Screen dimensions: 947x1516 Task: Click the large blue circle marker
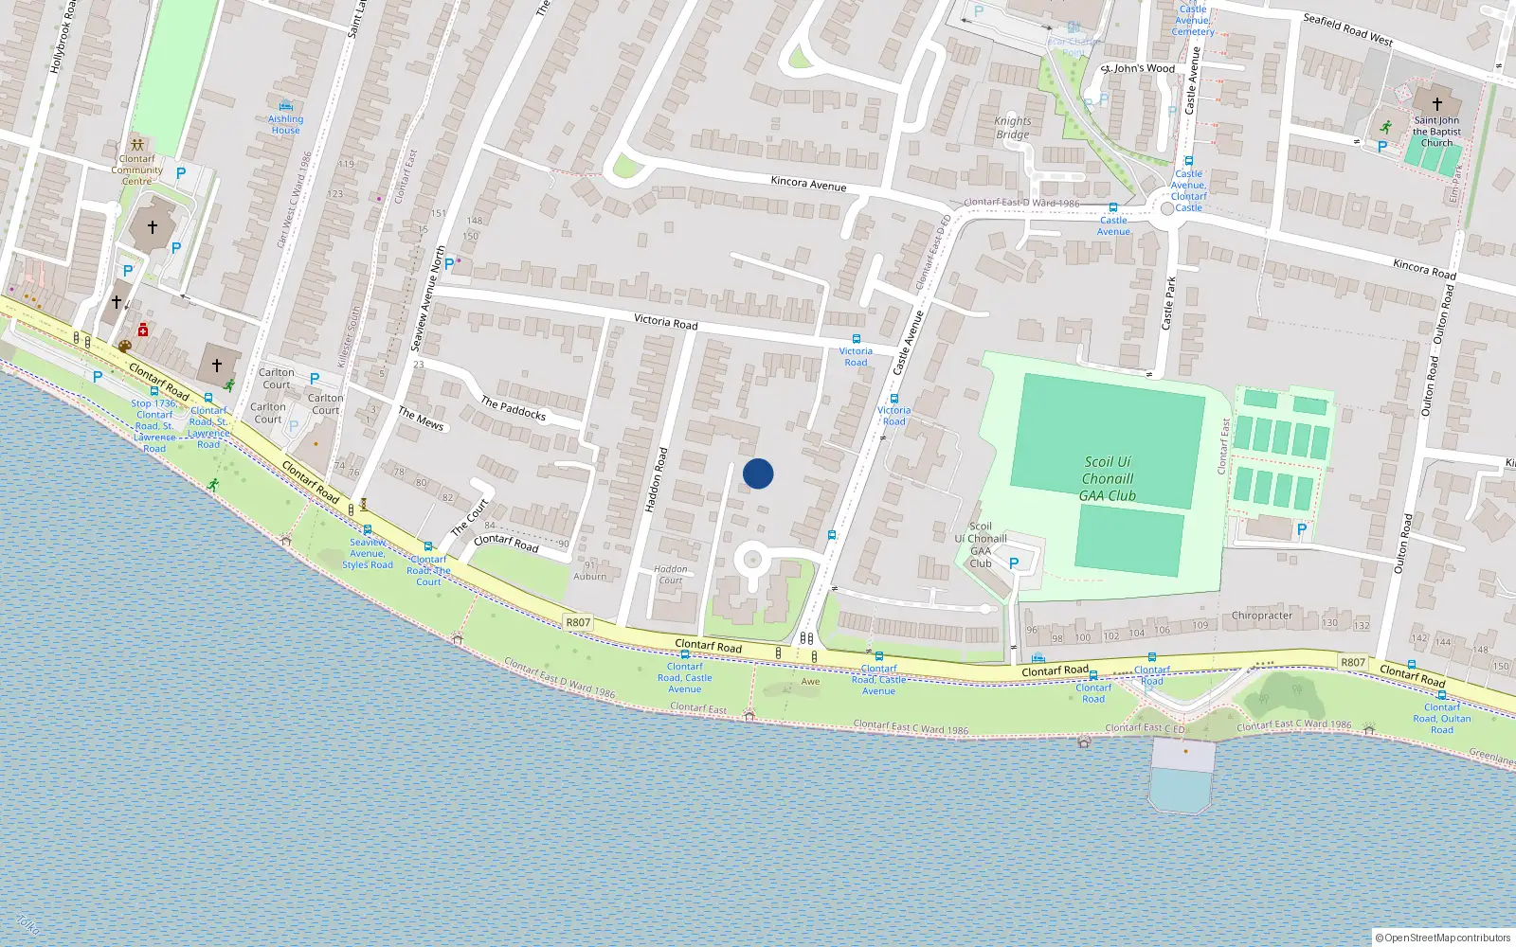[758, 473]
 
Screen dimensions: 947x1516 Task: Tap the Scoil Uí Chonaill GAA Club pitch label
[1107, 478]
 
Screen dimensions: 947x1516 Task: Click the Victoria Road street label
[665, 322]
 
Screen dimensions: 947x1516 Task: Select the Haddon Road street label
[656, 480]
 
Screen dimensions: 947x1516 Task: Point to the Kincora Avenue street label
[808, 183]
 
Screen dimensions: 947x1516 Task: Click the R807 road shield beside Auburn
[578, 622]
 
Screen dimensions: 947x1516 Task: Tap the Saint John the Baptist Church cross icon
[1436, 104]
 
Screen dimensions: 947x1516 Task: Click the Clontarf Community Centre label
[137, 170]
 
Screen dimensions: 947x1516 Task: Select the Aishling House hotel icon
[285, 106]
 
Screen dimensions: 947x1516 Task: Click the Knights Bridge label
[1012, 128]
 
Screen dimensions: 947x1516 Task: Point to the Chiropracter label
[1261, 616]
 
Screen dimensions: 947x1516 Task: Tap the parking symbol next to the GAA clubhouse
[1014, 563]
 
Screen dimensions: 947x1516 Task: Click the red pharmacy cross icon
[143, 330]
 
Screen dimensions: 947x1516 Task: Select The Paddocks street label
[513, 408]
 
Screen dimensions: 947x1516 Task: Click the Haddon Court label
[671, 575]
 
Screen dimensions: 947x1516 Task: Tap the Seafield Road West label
[1347, 29]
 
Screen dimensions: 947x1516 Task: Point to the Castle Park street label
[1169, 303]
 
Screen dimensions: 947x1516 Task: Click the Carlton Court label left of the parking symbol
[277, 379]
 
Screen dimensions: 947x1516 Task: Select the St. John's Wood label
[1137, 68]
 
